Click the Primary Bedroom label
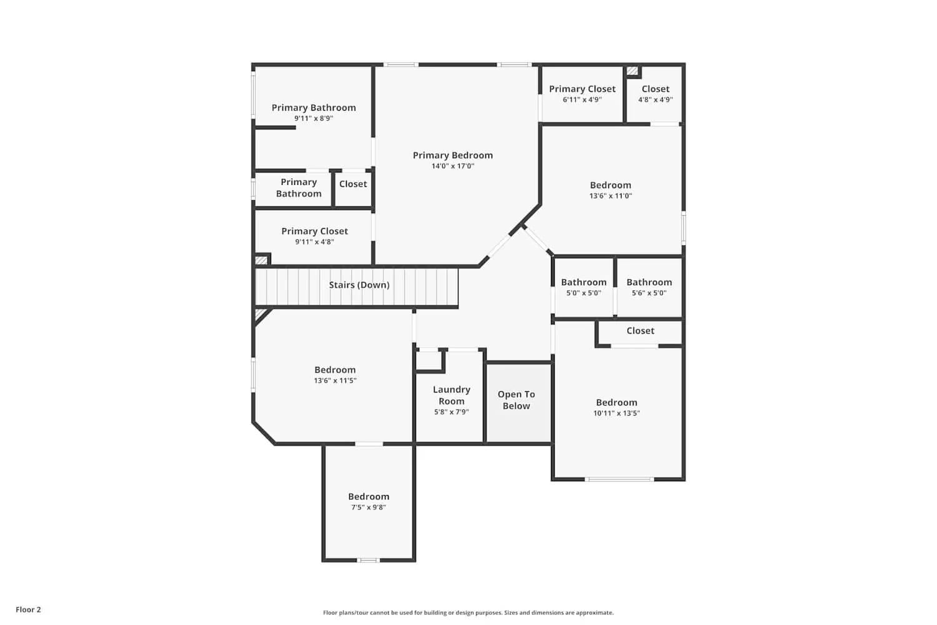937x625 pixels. (x=452, y=155)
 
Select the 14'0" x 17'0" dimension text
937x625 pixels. (x=452, y=166)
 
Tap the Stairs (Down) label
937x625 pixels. (x=359, y=285)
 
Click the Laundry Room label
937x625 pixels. (x=451, y=395)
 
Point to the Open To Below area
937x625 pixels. (x=516, y=400)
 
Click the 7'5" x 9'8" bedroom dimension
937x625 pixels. (x=369, y=507)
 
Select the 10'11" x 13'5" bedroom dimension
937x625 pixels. (x=617, y=413)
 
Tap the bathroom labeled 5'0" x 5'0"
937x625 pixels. (x=583, y=287)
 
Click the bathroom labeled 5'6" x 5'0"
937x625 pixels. (x=649, y=287)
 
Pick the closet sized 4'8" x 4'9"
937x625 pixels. (x=655, y=94)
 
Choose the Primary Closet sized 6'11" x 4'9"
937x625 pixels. (x=582, y=94)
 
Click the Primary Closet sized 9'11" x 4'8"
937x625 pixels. (x=314, y=236)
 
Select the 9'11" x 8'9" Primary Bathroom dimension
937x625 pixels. (x=314, y=118)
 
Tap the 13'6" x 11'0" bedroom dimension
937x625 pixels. (x=610, y=196)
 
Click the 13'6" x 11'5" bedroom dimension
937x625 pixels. (x=335, y=381)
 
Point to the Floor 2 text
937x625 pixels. (x=28, y=609)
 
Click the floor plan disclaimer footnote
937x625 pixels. (x=468, y=612)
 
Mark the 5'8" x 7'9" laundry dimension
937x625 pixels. (x=451, y=412)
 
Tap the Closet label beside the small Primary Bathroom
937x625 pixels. (x=353, y=184)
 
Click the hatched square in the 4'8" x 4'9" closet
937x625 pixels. (x=632, y=71)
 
